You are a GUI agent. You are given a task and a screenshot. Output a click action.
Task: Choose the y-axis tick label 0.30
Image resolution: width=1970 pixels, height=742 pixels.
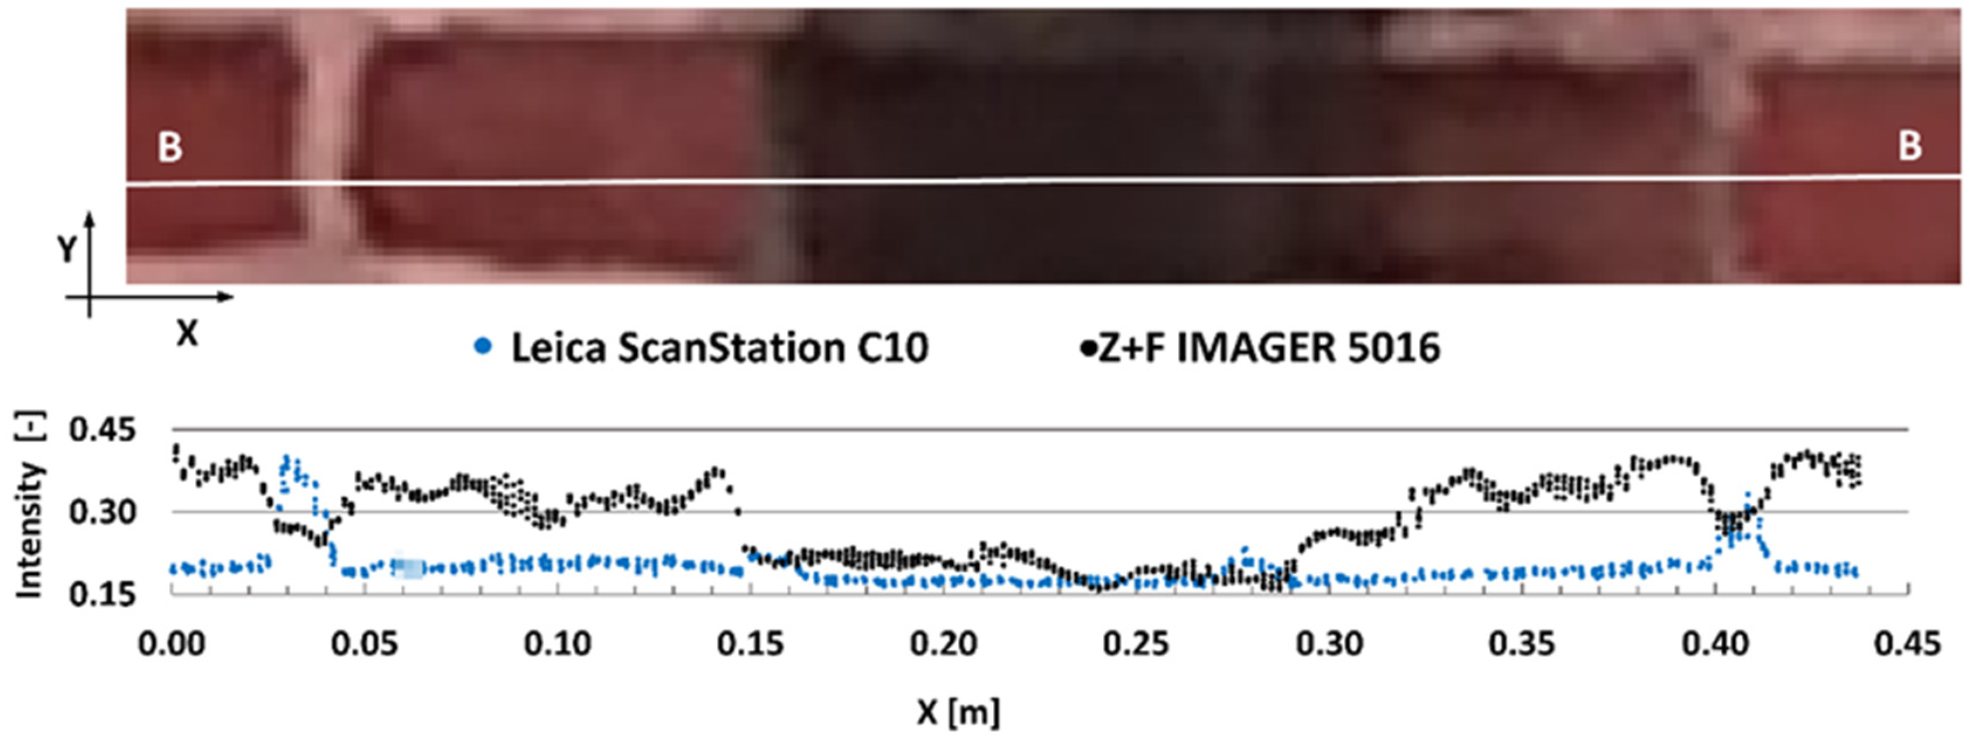click(x=102, y=512)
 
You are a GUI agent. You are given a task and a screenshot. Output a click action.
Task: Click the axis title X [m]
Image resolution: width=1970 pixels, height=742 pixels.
click(x=958, y=712)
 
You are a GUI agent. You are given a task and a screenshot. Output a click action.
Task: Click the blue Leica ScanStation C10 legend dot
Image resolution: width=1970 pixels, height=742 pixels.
click(x=483, y=348)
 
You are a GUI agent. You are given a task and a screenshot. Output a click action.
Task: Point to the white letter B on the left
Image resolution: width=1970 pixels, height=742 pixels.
click(x=170, y=147)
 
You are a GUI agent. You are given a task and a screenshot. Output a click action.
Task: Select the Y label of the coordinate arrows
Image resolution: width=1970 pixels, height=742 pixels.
click(x=67, y=249)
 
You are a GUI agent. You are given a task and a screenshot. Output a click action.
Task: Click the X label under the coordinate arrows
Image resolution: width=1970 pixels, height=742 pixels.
click(x=187, y=333)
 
